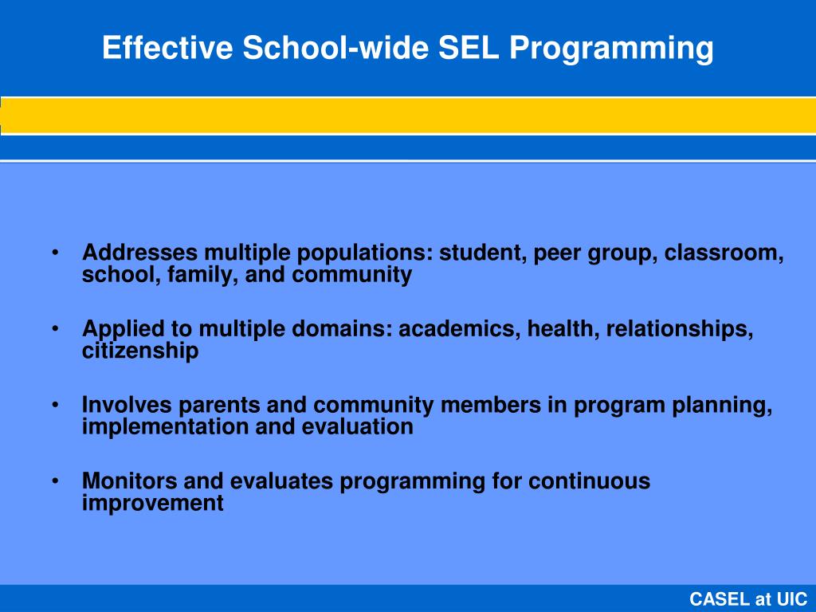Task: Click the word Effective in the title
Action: tap(168, 49)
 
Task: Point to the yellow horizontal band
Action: tap(408, 116)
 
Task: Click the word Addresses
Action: tap(140, 253)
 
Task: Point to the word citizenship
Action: tap(140, 351)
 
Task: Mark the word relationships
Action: tap(679, 329)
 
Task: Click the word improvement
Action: tap(153, 504)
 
